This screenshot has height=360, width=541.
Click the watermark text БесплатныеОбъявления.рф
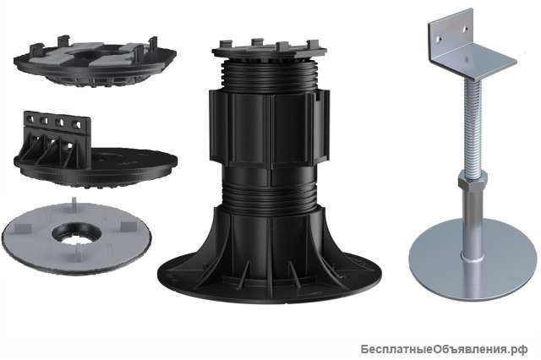click(x=444, y=349)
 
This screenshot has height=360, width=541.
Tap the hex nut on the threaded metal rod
click(x=473, y=179)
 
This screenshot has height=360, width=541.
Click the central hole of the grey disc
click(x=77, y=233)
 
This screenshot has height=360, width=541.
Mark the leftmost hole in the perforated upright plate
click(x=30, y=119)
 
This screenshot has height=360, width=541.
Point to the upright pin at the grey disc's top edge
click(x=74, y=201)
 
